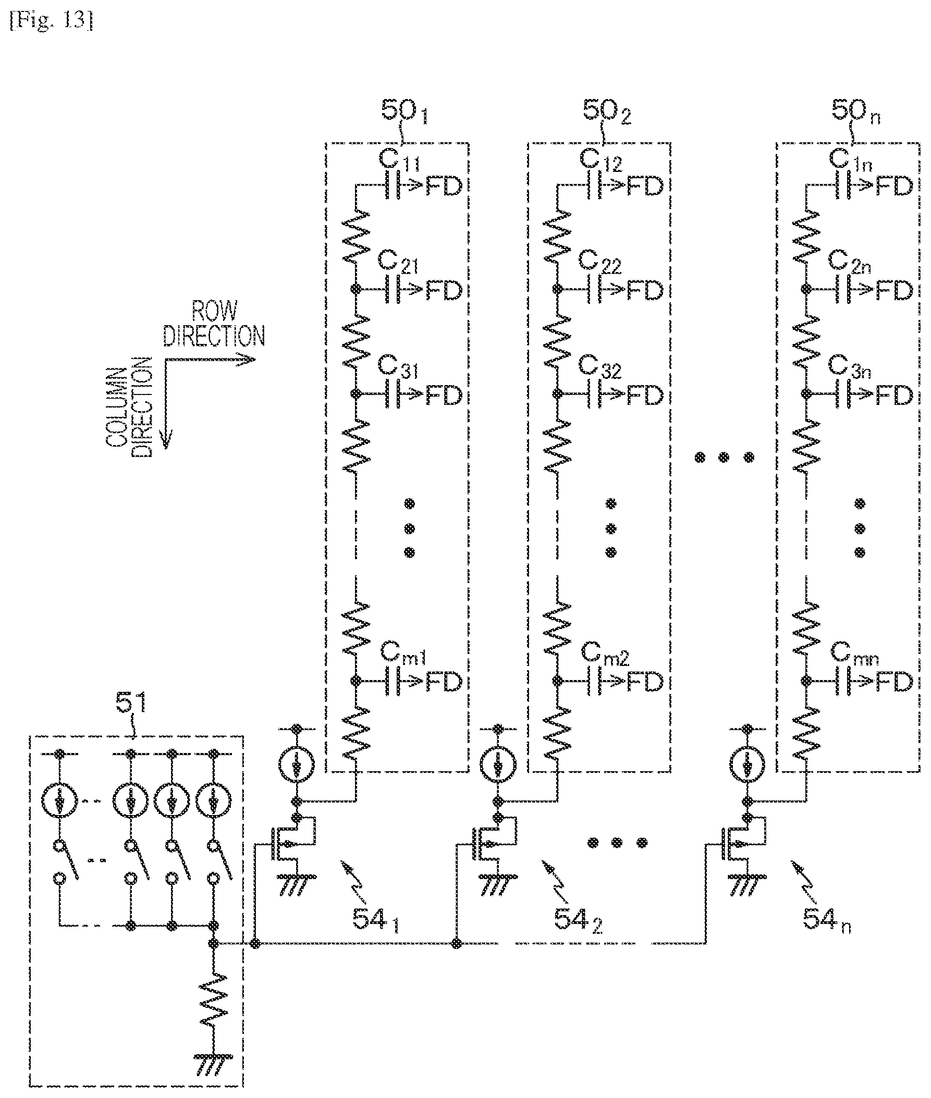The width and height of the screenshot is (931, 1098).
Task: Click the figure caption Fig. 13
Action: coord(52,22)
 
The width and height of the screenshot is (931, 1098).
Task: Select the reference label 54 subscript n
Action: coord(827,922)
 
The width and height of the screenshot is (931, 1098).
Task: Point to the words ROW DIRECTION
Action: coord(214,324)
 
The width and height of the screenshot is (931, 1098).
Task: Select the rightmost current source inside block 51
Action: coord(214,802)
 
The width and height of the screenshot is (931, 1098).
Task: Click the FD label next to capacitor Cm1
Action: coord(444,682)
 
